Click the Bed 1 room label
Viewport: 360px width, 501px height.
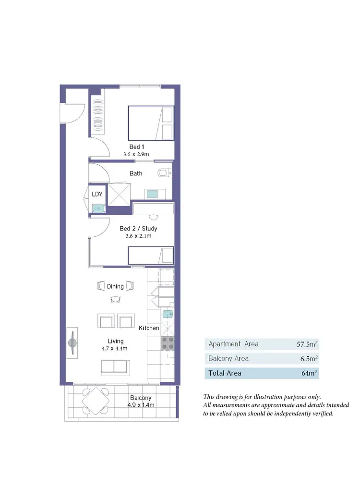click(x=136, y=147)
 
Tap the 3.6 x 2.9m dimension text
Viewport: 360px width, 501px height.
click(x=136, y=154)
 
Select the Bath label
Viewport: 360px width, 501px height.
click(x=136, y=173)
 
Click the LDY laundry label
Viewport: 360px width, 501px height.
click(x=97, y=194)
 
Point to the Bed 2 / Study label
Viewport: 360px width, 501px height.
click(x=138, y=229)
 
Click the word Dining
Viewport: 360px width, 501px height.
click(x=115, y=286)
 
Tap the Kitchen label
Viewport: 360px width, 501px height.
click(x=149, y=328)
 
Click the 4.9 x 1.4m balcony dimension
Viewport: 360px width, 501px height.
click(x=141, y=405)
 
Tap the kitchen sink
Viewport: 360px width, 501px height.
click(x=167, y=314)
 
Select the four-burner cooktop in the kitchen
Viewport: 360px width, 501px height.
click(x=167, y=342)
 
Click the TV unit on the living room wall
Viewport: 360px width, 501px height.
click(x=72, y=342)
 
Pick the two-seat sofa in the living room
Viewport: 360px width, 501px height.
click(x=115, y=367)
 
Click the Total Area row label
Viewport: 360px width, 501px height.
click(x=225, y=373)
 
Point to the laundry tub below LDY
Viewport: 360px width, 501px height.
click(x=98, y=208)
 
